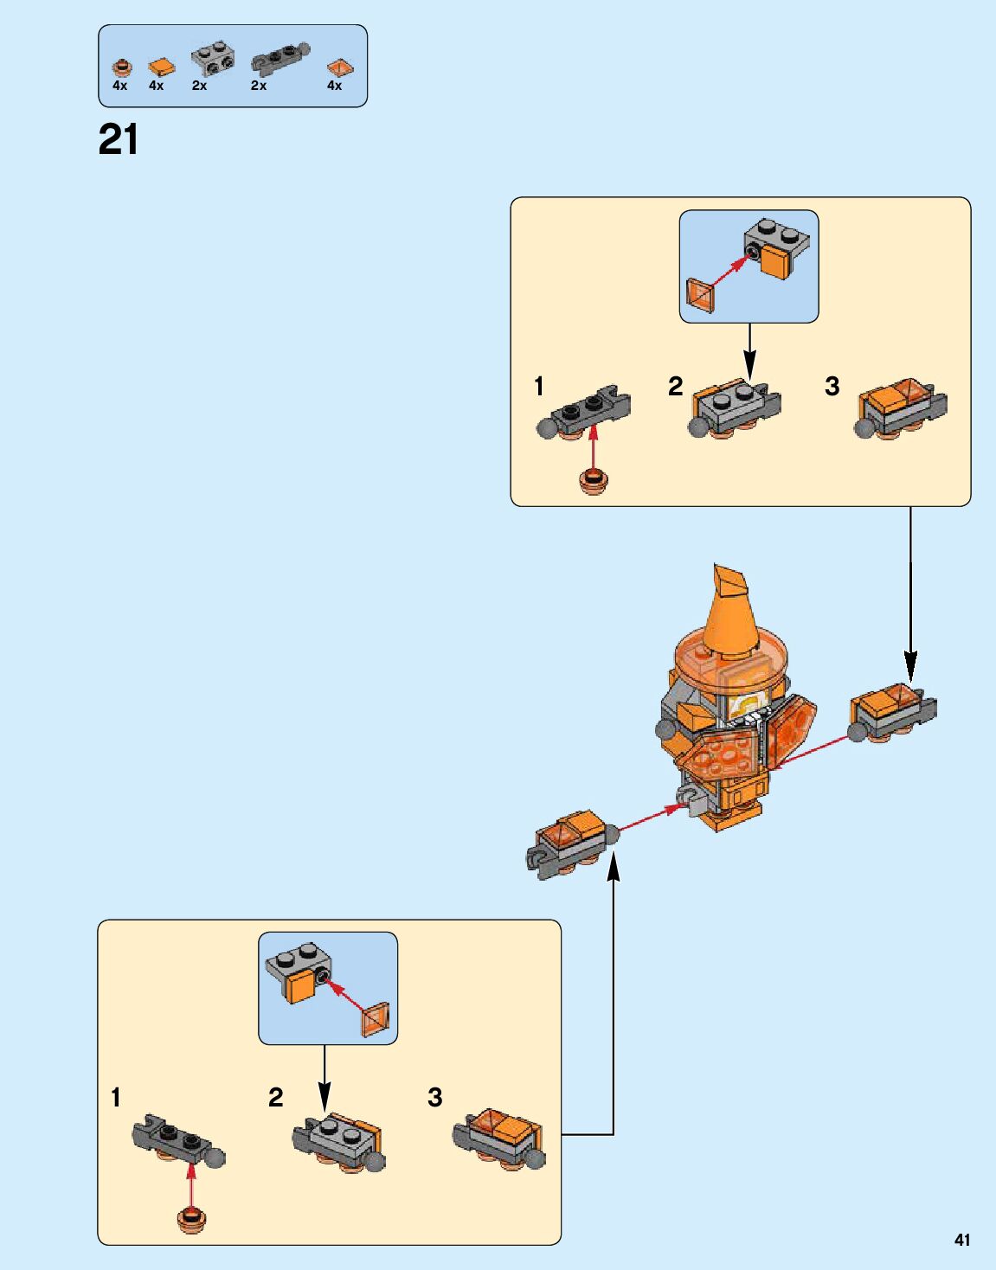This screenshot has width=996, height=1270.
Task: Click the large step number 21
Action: (x=119, y=140)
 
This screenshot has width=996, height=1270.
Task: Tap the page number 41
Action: (x=962, y=1240)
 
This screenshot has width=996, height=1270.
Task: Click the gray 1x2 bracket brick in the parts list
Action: (x=213, y=59)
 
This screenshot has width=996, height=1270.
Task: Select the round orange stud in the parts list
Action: (x=122, y=67)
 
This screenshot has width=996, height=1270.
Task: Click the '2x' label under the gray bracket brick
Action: (x=200, y=86)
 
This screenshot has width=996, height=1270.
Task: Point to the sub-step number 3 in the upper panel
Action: (x=832, y=387)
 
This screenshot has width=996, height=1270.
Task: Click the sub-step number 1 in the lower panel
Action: (x=116, y=1098)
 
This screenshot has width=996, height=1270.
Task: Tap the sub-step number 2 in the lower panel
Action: (x=276, y=1098)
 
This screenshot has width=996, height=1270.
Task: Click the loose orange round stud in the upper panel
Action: (x=594, y=481)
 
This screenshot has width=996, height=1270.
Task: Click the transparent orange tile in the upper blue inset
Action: (x=700, y=295)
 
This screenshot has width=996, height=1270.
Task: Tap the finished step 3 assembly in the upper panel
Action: (x=900, y=408)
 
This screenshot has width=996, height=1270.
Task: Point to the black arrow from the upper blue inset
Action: (x=749, y=350)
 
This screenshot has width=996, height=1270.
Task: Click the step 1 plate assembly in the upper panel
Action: (x=587, y=414)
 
